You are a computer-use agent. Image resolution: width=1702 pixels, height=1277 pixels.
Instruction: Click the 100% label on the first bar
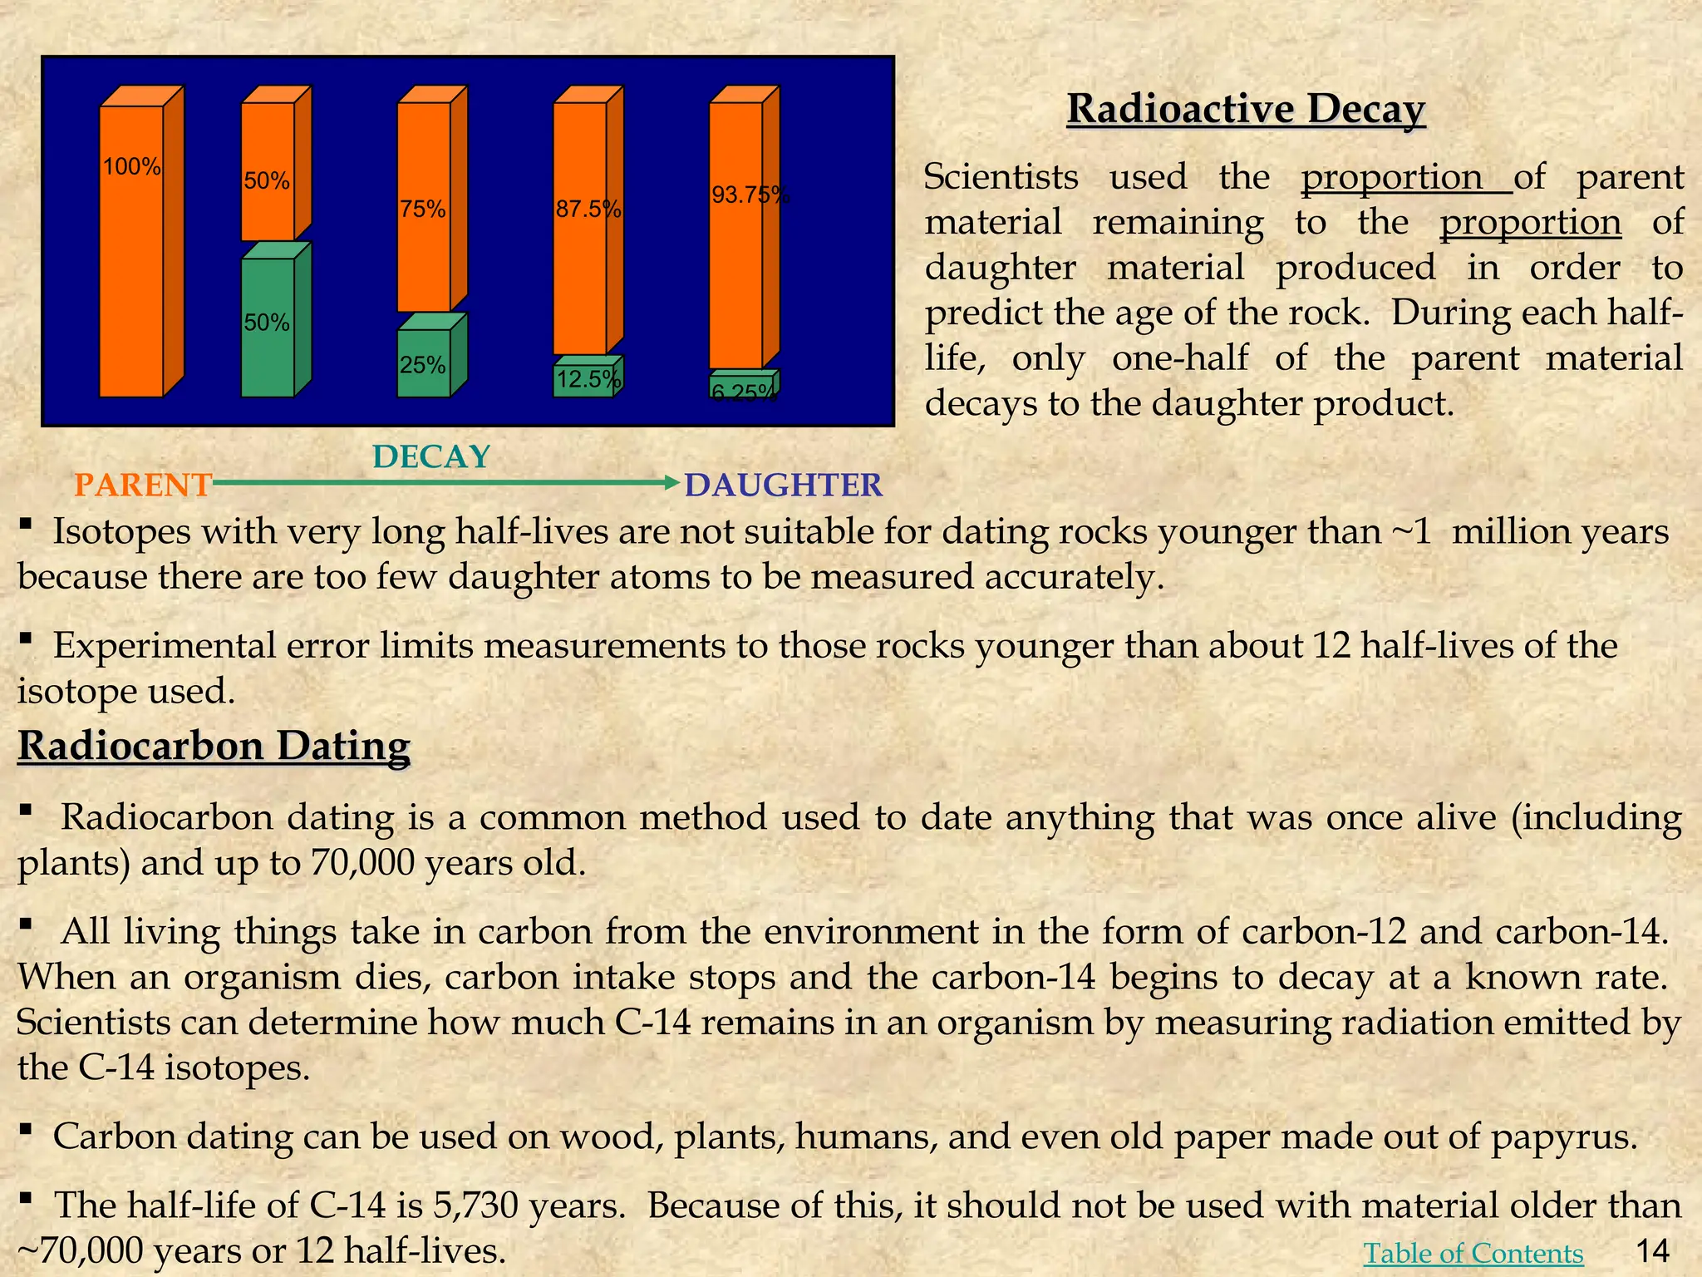click(131, 167)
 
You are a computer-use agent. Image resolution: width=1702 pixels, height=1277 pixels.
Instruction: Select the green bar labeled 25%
click(424, 363)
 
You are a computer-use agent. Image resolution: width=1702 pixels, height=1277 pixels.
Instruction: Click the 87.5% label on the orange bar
click(588, 209)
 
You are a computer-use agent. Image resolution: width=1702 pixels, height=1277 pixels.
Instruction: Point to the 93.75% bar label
click(750, 195)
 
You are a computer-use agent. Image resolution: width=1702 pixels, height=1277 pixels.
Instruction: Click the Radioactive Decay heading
click(1246, 109)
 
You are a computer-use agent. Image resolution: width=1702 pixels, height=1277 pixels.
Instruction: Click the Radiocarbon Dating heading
click(214, 746)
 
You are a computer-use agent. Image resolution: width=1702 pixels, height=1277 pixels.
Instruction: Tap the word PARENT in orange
click(143, 485)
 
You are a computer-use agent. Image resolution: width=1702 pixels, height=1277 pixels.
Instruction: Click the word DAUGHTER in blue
click(783, 485)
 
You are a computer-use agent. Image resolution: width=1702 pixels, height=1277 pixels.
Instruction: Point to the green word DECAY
click(430, 457)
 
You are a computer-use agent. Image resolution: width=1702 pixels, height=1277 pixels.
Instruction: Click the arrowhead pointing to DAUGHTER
click(673, 482)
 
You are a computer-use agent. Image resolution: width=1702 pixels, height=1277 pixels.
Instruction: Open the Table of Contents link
click(1473, 1253)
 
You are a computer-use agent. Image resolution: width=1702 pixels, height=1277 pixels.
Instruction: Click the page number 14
click(1652, 1250)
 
